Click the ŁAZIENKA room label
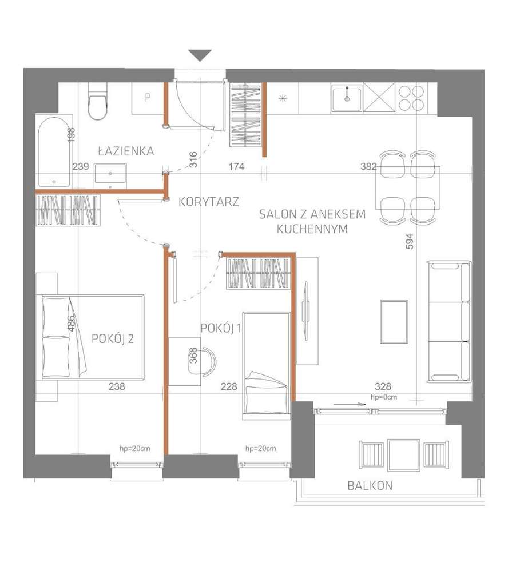[125, 151]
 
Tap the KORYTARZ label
[208, 201]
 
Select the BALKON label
[370, 486]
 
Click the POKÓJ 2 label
[113, 338]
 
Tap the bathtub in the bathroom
[54, 151]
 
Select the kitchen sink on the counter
[347, 98]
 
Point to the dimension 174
[236, 167]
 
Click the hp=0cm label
[384, 397]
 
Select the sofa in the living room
[450, 321]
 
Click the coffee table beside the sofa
[394, 321]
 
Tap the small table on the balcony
[403, 454]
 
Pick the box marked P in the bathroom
[147, 98]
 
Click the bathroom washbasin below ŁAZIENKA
[110, 175]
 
